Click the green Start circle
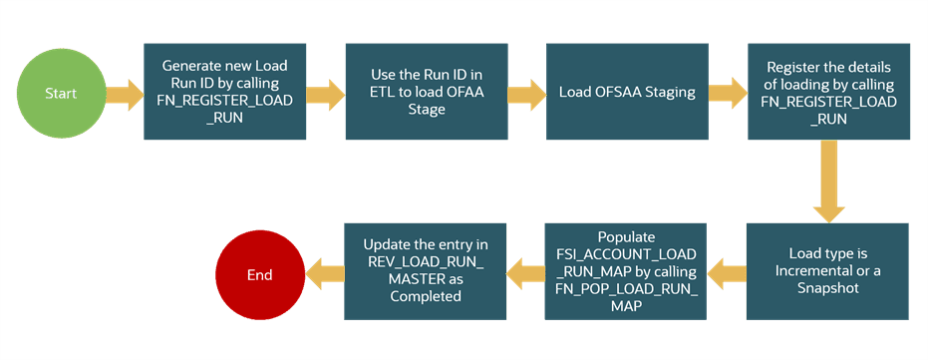coord(61,94)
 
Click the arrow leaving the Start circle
coord(122,96)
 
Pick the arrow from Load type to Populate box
coord(730,271)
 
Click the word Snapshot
coord(827,287)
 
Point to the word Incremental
coord(810,271)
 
